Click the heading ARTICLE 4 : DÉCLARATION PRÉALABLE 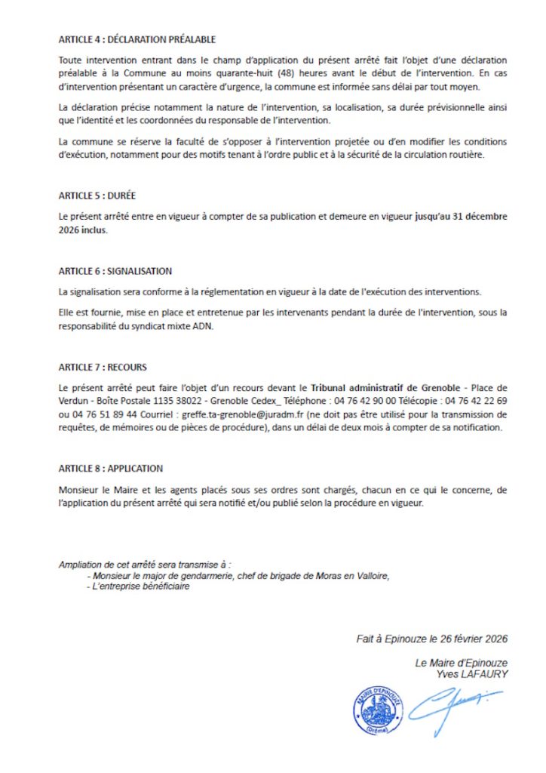point(136,39)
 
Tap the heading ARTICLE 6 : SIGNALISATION point(115,271)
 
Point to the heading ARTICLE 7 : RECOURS point(103,368)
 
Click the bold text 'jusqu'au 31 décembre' point(461,216)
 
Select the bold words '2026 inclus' point(83,230)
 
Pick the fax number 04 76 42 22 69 point(477,401)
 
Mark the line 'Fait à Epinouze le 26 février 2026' point(431,639)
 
